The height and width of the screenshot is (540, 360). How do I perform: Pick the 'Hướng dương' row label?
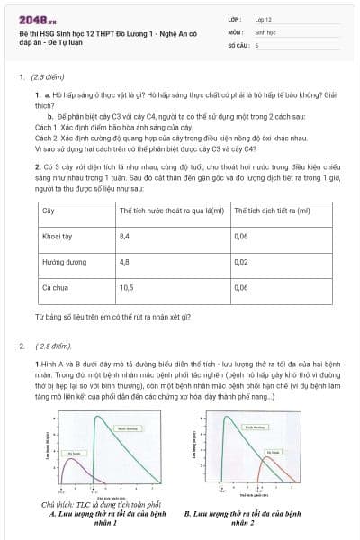click(60, 261)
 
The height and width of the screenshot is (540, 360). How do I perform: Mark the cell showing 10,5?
click(126, 287)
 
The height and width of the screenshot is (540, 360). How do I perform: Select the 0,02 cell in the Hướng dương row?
click(240, 261)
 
